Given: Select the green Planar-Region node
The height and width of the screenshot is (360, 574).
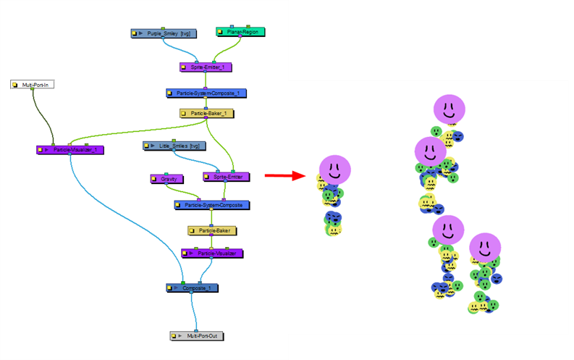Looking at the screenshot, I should [241, 32].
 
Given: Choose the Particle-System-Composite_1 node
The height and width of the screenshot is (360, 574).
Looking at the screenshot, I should [207, 93].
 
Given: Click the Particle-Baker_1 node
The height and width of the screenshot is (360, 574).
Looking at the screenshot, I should [208, 114].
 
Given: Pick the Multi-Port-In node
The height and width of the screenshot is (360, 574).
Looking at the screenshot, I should [33, 85].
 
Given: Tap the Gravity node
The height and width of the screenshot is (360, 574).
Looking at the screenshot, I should [168, 178].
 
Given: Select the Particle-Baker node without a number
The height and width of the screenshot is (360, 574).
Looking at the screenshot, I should [213, 230].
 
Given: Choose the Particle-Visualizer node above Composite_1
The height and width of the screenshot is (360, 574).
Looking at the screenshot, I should [212, 254].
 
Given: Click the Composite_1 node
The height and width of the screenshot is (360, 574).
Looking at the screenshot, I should [193, 288].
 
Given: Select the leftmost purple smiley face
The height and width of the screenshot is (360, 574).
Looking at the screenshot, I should [334, 169].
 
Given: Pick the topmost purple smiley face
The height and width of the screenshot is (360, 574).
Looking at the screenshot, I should [449, 110].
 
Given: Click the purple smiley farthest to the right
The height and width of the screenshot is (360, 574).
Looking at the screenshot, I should [484, 247].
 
